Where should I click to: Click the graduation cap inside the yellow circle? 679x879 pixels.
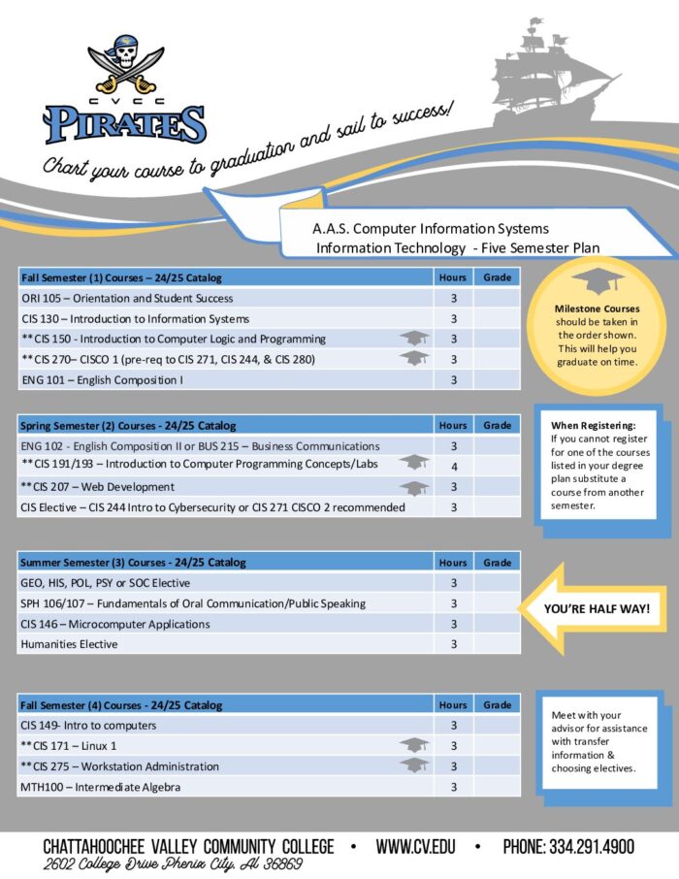[x=597, y=282]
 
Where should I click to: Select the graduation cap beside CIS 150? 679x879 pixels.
[x=414, y=339]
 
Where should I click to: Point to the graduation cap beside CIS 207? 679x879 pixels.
[x=414, y=488]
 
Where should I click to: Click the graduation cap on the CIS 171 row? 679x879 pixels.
[x=414, y=745]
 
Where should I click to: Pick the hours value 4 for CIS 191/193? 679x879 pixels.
[x=453, y=467]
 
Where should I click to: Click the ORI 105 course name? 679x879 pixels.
[x=127, y=298]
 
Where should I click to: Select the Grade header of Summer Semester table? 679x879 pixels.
[x=497, y=563]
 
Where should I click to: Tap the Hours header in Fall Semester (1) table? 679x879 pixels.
[x=453, y=277]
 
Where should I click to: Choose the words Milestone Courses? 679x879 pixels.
[x=597, y=309]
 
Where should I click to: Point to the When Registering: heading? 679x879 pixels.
[x=593, y=425]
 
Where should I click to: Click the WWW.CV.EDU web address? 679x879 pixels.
[x=416, y=846]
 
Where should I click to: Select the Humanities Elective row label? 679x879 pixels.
[x=69, y=644]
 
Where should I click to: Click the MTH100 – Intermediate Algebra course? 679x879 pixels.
[x=101, y=787]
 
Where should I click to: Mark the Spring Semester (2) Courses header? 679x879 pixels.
[x=128, y=425]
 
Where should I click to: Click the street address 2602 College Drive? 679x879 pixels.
[x=174, y=863]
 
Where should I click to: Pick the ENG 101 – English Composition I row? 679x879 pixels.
[x=102, y=379]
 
